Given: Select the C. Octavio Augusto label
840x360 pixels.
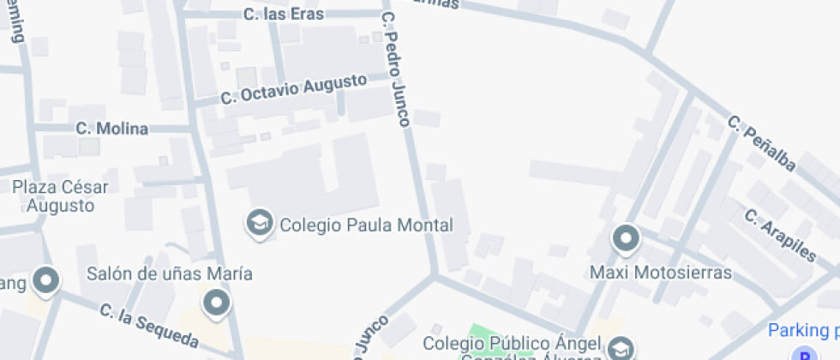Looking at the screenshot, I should point(293,89).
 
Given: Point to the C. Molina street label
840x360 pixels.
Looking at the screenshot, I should point(111,129).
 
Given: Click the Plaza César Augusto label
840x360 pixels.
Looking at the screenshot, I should point(60,196).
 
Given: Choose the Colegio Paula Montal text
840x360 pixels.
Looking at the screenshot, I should point(366,225).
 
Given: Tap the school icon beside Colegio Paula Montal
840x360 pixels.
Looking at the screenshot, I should point(257,224).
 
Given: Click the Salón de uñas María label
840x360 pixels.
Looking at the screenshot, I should point(170,273).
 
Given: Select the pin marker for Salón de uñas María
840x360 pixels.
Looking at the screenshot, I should point(217,303).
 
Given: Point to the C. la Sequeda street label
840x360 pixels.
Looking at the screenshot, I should point(149,327).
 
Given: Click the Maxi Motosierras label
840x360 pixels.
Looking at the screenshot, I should point(661,273).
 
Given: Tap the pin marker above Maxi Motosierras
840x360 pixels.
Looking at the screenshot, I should point(627,237).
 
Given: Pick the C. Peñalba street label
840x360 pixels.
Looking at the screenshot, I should point(762,142).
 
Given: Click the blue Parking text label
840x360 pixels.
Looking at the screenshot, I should point(803,330).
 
